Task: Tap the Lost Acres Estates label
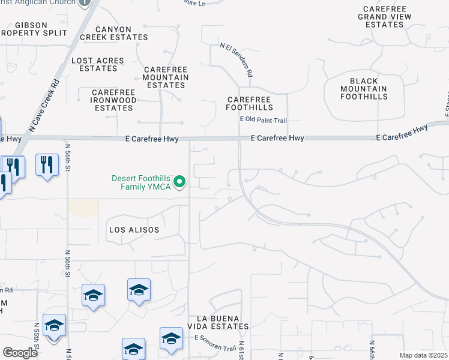(x=97, y=64)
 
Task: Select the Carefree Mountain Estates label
(x=166, y=77)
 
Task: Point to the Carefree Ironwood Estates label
(x=113, y=100)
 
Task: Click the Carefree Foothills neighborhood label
(x=249, y=103)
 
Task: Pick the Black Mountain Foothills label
(x=364, y=88)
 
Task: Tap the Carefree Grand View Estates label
(x=384, y=17)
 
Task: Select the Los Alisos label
(x=134, y=230)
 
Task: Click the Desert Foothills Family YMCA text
(x=141, y=182)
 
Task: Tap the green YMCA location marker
(x=179, y=182)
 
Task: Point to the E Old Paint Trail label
(x=263, y=120)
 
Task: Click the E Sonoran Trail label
(x=215, y=343)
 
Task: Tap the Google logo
(x=19, y=353)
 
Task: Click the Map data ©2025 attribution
(x=423, y=355)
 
